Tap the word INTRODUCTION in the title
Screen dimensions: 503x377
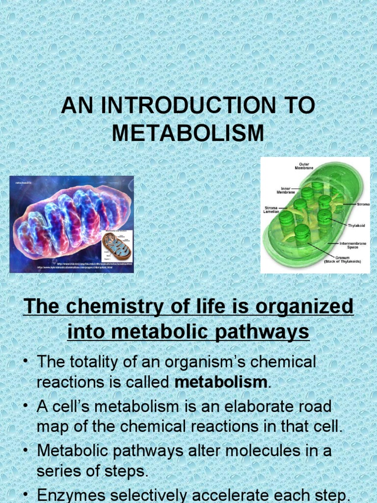point(188,106)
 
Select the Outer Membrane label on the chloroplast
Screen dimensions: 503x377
point(303,166)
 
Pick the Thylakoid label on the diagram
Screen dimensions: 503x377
point(357,226)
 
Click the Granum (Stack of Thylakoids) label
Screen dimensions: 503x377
point(343,259)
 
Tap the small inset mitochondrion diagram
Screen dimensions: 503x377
point(116,246)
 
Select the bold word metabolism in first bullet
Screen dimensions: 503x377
point(221,382)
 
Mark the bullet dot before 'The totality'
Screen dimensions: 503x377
point(26,363)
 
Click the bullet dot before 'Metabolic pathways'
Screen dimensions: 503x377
point(26,450)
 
